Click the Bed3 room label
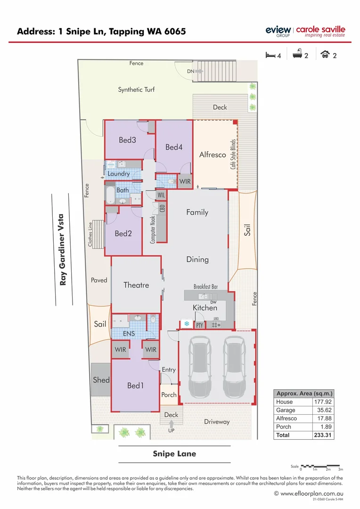127,140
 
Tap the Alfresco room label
213,154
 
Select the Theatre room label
136,285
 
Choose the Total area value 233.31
323,435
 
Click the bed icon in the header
270,55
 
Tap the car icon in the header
325,55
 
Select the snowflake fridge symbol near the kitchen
186,324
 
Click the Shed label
101,380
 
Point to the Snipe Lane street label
174,454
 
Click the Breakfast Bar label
205,287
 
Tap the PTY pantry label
199,325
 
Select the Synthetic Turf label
136,90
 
